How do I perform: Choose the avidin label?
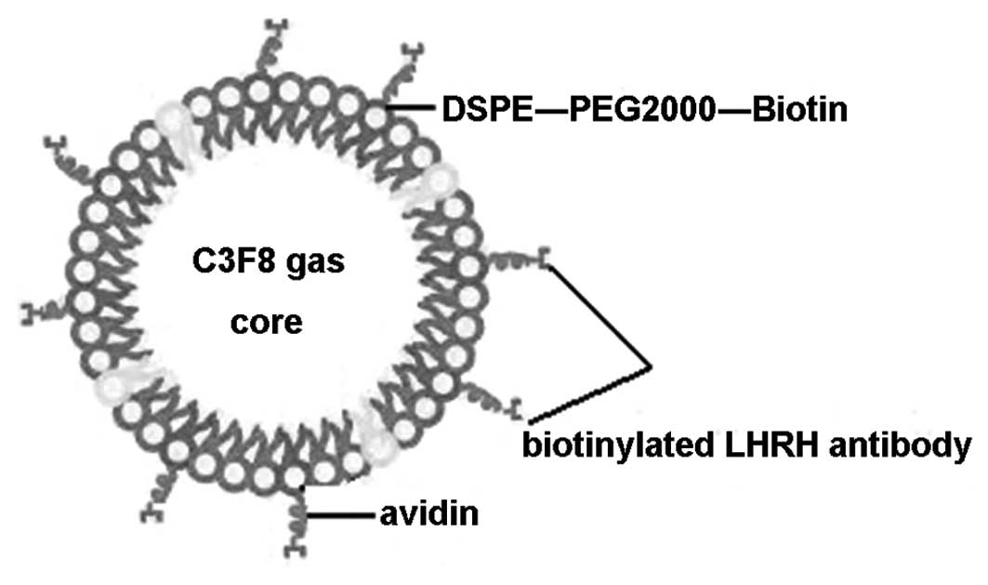click(x=429, y=512)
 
